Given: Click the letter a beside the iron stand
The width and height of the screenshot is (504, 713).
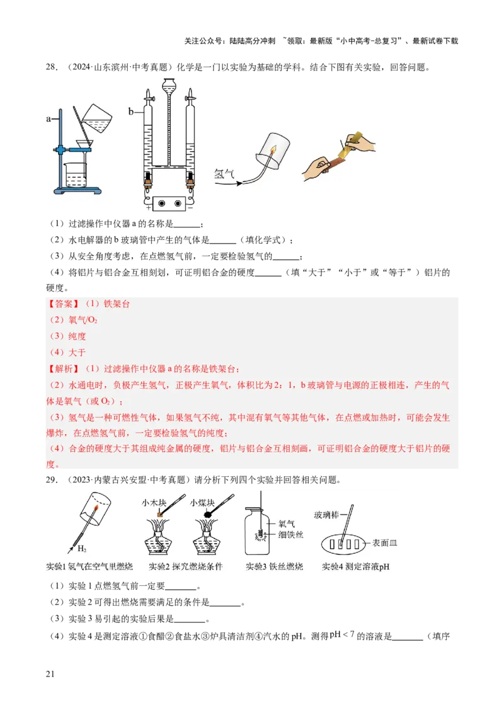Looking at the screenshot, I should point(49,118).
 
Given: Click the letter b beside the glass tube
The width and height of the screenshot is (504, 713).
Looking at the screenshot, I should point(131,112).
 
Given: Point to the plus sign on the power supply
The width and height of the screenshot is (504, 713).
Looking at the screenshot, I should point(149,207).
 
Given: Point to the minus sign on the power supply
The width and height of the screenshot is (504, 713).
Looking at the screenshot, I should point(190,207).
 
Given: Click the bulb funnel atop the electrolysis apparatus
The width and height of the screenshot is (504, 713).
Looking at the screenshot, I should point(169,84).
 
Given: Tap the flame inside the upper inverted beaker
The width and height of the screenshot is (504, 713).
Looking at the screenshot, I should point(274,149).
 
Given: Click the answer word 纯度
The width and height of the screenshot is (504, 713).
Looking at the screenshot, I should point(77,336).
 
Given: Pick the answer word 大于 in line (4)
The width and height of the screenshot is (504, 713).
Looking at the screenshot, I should point(77,353).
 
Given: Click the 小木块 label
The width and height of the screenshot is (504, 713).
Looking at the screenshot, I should point(153,503).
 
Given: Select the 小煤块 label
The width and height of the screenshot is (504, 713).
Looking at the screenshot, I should point(202,503).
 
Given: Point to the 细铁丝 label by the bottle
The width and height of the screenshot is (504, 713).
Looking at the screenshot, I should point(290,535).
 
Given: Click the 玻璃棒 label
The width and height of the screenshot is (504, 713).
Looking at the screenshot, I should point(327,515).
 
